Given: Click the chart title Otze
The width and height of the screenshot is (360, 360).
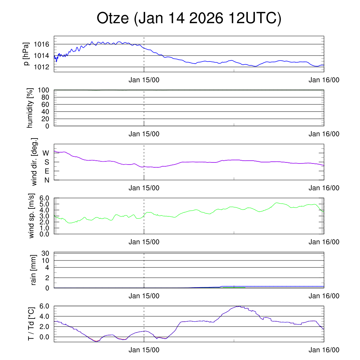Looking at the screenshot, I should (x=189, y=19).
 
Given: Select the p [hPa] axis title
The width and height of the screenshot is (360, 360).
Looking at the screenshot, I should (x=27, y=54).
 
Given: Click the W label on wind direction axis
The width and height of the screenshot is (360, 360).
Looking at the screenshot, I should (x=46, y=153).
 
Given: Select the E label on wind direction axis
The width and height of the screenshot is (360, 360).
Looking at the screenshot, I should (x=46, y=171).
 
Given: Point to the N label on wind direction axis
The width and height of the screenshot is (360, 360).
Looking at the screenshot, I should (x=46, y=180).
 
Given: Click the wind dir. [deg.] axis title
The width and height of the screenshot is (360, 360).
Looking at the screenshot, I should (x=34, y=162).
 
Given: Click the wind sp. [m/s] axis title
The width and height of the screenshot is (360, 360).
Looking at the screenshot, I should (x=32, y=216).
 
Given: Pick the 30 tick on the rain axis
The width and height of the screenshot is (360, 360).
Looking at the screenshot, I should (x=45, y=253).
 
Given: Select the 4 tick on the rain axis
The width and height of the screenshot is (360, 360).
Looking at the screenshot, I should (x=47, y=268).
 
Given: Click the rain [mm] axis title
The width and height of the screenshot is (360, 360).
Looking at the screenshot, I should (x=34, y=270).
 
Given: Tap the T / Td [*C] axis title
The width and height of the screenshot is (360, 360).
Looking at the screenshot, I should (x=31, y=324).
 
